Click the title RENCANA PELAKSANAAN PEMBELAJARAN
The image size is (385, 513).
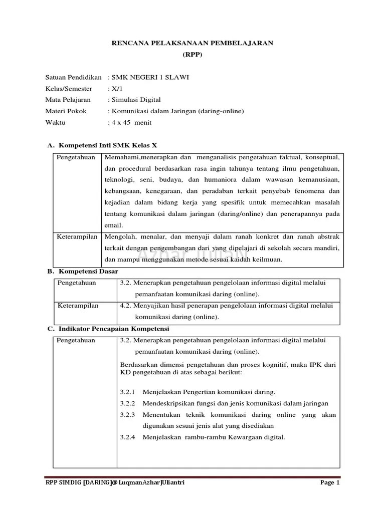(x=192, y=44)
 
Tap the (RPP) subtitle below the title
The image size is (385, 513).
(x=192, y=55)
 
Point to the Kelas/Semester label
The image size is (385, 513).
(x=69, y=88)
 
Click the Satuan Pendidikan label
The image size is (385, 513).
(x=73, y=77)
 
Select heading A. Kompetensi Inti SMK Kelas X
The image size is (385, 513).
(x=102, y=145)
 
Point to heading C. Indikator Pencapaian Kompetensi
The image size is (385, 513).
(x=108, y=329)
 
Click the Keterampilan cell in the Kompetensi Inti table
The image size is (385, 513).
(x=77, y=236)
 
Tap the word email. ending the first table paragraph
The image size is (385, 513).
(x=113, y=225)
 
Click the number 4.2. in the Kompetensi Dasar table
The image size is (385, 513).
(x=126, y=306)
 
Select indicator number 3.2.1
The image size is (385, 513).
(x=128, y=392)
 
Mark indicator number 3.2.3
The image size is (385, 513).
(x=128, y=415)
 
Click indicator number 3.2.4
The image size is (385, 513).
(x=128, y=437)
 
